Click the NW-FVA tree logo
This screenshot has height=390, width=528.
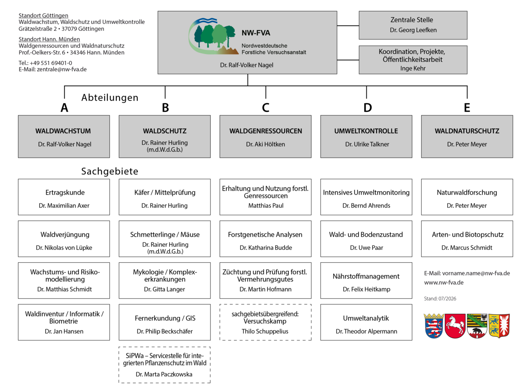tap(213, 36)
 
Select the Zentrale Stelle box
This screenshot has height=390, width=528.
tap(412, 25)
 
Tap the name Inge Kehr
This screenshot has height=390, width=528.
tap(412, 68)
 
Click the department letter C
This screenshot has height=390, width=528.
tap(265, 108)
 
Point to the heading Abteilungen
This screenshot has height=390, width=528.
tap(110, 98)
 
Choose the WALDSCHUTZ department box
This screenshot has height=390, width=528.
tap(165, 136)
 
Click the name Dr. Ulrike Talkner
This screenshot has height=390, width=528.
tap(367, 144)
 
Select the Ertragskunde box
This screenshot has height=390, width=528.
tap(64, 197)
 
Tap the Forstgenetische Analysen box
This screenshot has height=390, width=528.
tap(265, 239)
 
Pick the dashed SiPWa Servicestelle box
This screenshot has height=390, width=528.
tap(165, 365)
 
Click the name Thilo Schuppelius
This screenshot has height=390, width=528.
tap(265, 331)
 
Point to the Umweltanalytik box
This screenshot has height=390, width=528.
tap(366, 322)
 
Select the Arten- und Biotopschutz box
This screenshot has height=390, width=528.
tap(467, 239)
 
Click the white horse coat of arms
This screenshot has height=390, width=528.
tap(455, 326)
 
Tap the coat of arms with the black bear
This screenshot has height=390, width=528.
tap(477, 326)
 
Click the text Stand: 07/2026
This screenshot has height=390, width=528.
tap(440, 298)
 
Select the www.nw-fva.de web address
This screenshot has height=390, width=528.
tap(444, 283)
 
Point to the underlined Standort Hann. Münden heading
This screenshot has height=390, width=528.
tap(49, 39)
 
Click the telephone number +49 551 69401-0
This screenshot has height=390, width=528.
tap(51, 63)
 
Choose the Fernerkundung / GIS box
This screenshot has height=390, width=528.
tap(165, 322)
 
